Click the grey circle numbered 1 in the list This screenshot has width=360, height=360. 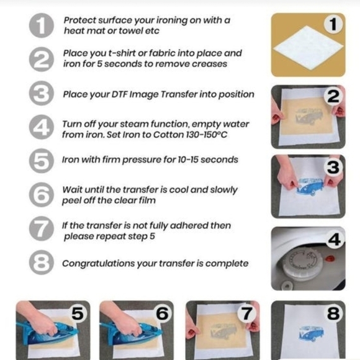pyautogui.click(x=42, y=25)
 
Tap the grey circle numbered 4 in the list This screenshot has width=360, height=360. pyautogui.click(x=42, y=127)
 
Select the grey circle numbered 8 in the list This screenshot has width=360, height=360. pyautogui.click(x=42, y=263)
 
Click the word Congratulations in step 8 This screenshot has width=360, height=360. pyautogui.click(x=99, y=264)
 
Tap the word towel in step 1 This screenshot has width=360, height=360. pyautogui.click(x=130, y=31)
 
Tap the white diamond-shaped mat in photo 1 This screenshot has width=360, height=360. pyautogui.click(x=308, y=48)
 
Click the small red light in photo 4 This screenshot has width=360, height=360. pyautogui.click(x=330, y=259)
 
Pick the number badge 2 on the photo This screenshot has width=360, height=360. pyautogui.click(x=333, y=96)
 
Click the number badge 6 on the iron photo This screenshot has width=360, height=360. pyautogui.click(x=163, y=313)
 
